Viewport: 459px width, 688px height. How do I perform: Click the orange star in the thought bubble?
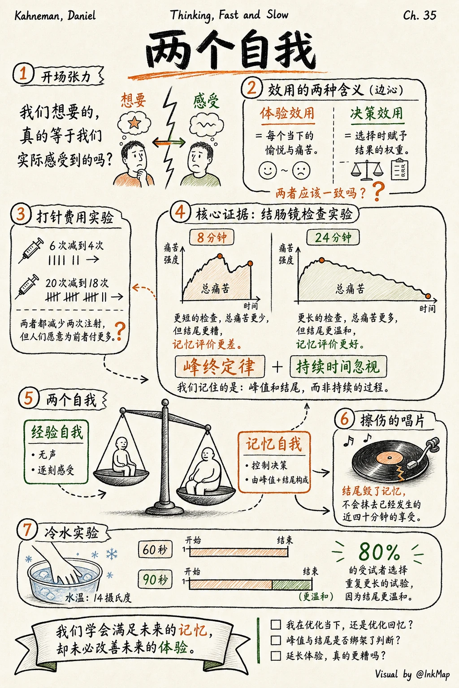134,123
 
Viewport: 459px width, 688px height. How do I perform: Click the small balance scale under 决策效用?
367,170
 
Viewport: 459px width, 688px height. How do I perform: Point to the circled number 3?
21,214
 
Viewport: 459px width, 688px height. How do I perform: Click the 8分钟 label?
212,237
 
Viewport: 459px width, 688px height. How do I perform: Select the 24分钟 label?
333,237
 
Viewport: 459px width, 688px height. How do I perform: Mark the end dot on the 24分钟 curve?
428,296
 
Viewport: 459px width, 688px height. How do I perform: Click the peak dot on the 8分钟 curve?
220,256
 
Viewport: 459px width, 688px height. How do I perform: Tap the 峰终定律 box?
220,366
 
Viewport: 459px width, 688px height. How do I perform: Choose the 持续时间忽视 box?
338,366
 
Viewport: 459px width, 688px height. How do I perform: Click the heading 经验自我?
57,432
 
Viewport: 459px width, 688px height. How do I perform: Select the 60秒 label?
155,550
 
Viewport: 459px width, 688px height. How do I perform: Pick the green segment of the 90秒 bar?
292,585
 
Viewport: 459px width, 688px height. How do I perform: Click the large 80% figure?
379,552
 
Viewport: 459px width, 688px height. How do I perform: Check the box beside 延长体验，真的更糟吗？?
276,655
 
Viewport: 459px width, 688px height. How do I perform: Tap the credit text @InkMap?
433,674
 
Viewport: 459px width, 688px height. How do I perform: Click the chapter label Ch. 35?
420,15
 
